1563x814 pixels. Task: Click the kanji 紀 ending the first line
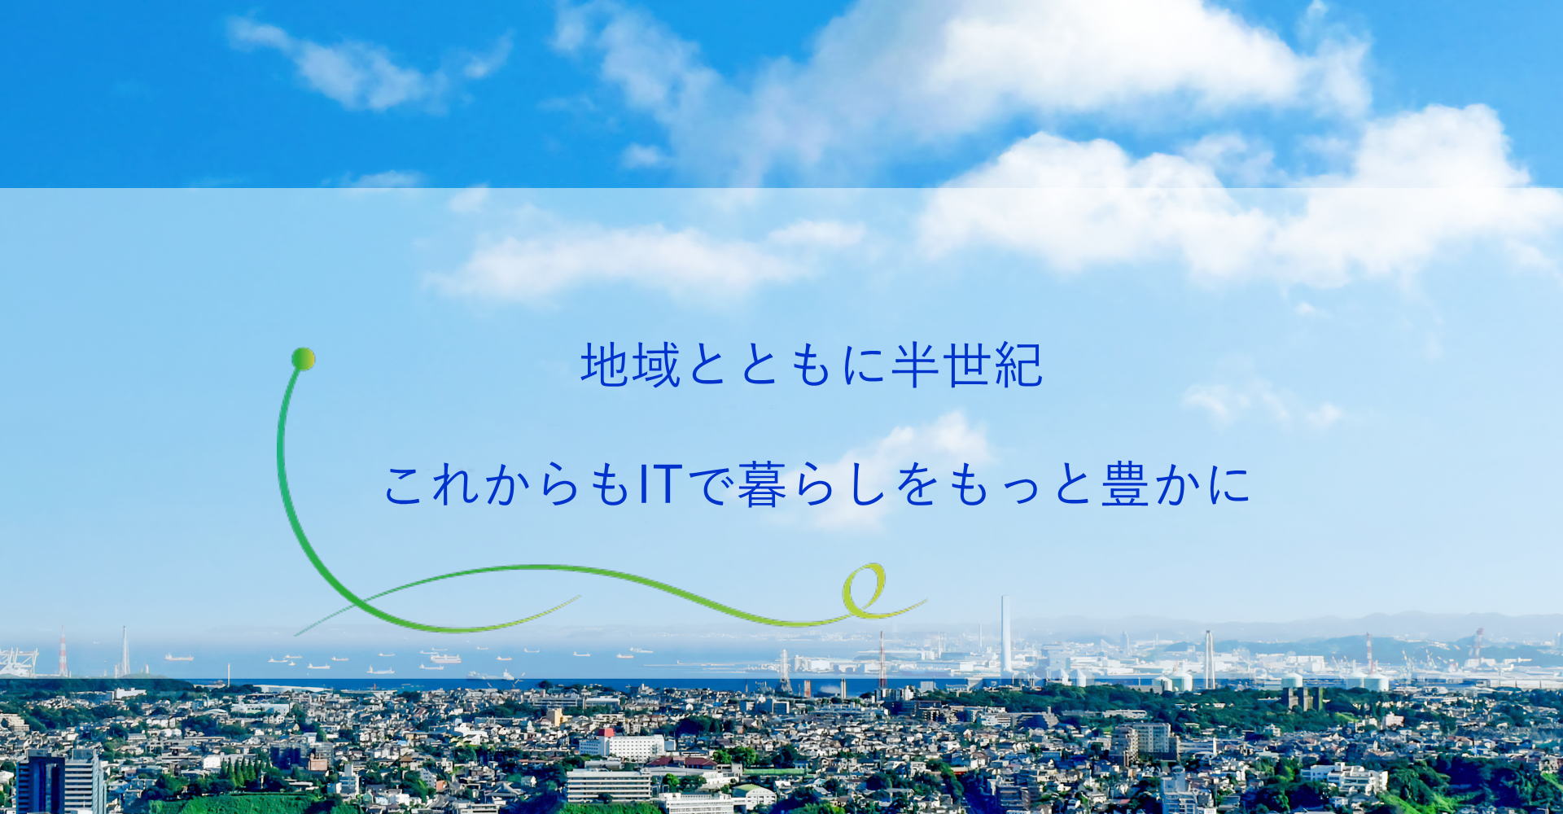(x=1018, y=365)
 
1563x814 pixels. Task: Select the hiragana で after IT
(x=711, y=485)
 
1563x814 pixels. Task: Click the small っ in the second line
(x=1020, y=491)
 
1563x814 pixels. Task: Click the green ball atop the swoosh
(x=303, y=359)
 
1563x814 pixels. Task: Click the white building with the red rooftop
(x=622, y=744)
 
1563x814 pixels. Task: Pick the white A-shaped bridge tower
(x=1209, y=659)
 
